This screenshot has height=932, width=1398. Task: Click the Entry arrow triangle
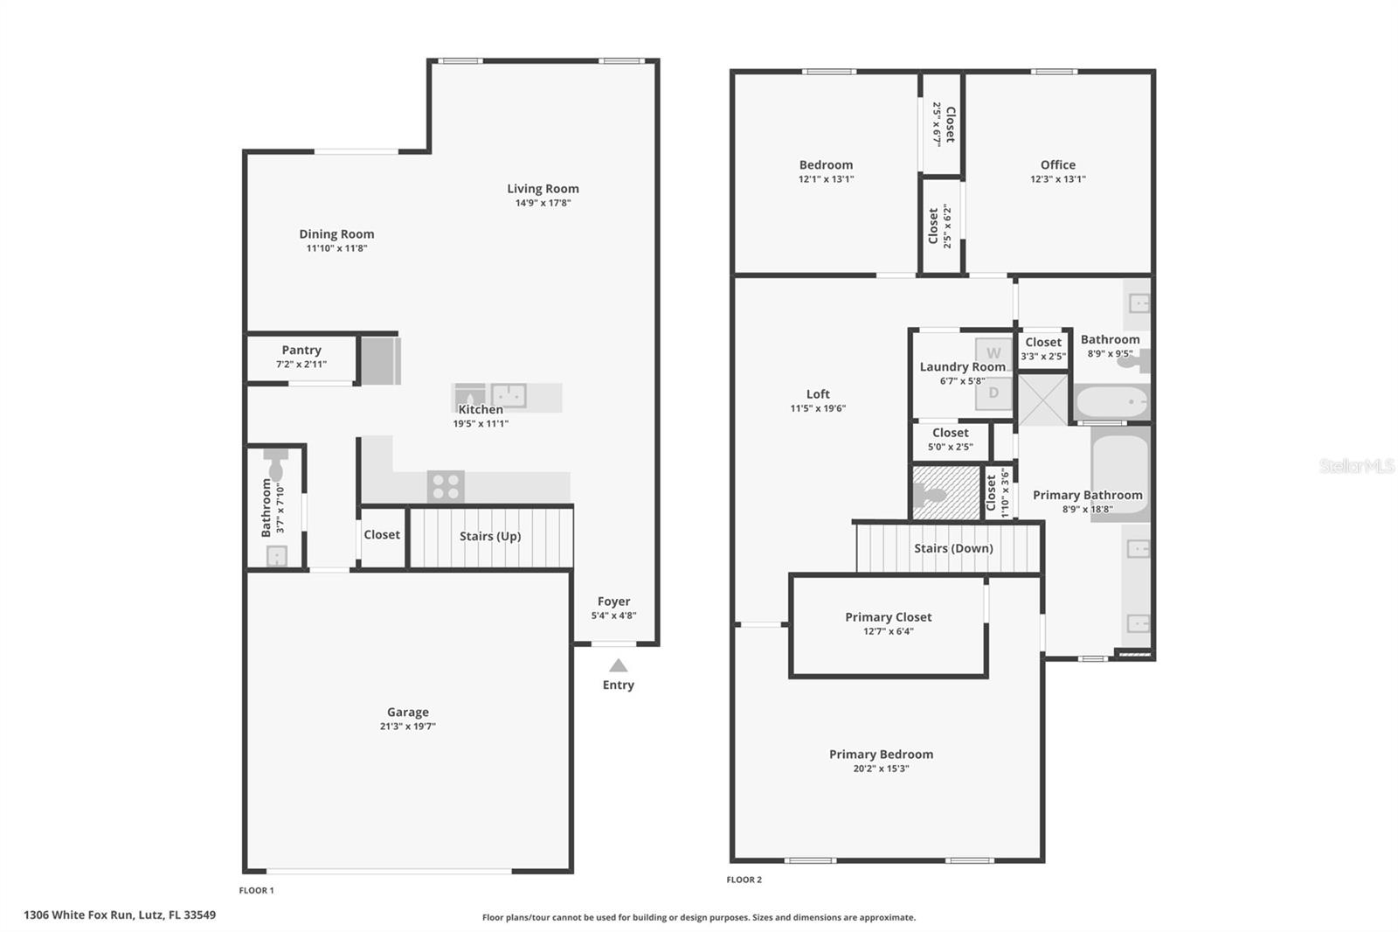pyautogui.click(x=618, y=665)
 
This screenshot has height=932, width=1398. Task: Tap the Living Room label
pyautogui.click(x=543, y=188)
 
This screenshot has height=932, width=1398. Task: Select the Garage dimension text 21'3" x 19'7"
pyautogui.click(x=407, y=727)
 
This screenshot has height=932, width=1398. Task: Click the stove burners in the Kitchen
pyautogui.click(x=446, y=486)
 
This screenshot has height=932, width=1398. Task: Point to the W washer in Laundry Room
pyautogui.click(x=993, y=351)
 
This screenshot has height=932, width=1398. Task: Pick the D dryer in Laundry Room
pyautogui.click(x=993, y=393)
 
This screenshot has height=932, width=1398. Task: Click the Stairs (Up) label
pyautogui.click(x=490, y=536)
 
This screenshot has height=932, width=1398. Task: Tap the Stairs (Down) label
pyautogui.click(x=953, y=548)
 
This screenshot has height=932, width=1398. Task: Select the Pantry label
pyautogui.click(x=301, y=350)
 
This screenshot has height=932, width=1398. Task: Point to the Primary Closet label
pyautogui.click(x=888, y=616)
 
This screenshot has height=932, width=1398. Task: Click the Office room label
pyautogui.click(x=1057, y=164)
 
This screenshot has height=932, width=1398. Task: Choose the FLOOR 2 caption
pyautogui.click(x=744, y=880)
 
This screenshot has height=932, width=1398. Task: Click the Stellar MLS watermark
pyautogui.click(x=1356, y=466)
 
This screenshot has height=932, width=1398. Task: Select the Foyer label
pyautogui.click(x=613, y=602)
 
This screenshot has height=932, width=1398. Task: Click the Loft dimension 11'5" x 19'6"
pyautogui.click(x=818, y=408)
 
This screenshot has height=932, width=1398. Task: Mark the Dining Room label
pyautogui.click(x=336, y=233)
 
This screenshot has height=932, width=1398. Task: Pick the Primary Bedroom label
pyautogui.click(x=881, y=754)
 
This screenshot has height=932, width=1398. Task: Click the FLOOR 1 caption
pyautogui.click(x=257, y=890)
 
